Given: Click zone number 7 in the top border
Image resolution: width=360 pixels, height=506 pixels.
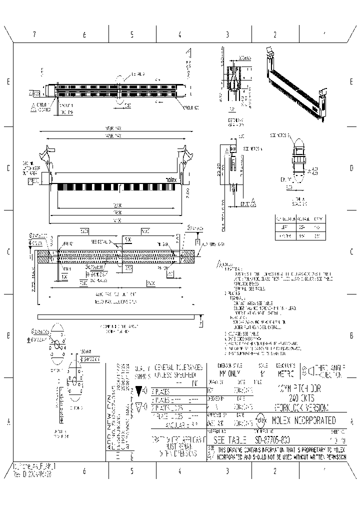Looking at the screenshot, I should pos(34,35).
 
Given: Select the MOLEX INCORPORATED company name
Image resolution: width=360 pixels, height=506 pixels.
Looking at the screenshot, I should pos(304,420).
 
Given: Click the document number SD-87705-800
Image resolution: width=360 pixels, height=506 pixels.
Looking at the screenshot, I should pos(271,440).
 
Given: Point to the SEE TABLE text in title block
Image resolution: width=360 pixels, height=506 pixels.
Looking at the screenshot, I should pos(230,440).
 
